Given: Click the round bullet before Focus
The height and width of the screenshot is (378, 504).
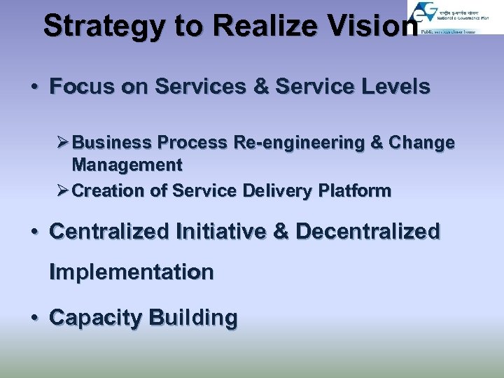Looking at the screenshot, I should click(34, 88).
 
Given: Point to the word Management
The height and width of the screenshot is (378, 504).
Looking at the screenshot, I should click(127, 165).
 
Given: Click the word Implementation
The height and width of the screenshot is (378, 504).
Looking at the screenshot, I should click(131, 272).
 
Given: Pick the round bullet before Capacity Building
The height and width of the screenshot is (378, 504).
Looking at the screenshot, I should click(34, 318).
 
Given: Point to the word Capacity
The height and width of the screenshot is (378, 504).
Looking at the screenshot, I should click(95, 318).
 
